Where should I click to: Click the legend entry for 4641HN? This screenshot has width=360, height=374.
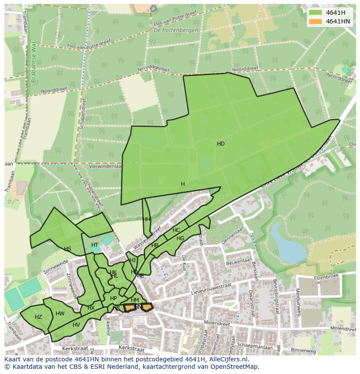[x=338, y=21]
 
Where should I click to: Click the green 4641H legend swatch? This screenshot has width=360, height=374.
[x=316, y=13]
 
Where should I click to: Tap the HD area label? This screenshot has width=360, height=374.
[x=221, y=144]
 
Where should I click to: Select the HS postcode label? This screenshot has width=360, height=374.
[x=67, y=249]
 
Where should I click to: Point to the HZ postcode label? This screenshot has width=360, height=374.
[x=38, y=317]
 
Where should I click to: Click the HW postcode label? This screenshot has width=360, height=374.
[x=60, y=314]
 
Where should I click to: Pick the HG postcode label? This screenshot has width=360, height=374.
[x=180, y=238]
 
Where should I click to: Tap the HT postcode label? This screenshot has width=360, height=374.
[x=95, y=245]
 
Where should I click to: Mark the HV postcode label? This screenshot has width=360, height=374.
[x=76, y=325]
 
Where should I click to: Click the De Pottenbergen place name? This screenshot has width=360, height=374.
[x=176, y=30]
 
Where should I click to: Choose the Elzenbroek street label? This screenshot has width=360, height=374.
[x=327, y=276]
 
